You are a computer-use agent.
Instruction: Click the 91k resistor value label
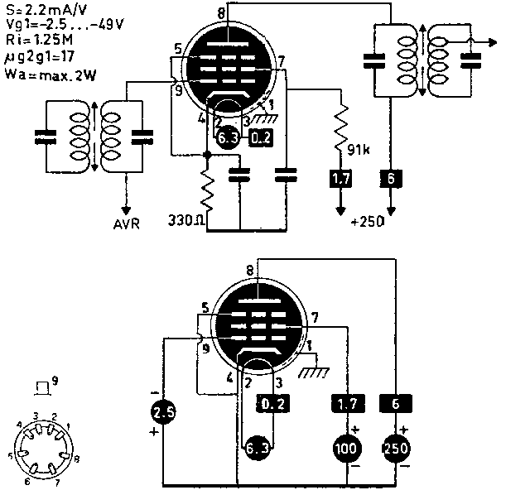pos(360,150)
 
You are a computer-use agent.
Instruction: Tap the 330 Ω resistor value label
pos(185,222)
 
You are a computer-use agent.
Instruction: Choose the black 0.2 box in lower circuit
pos(272,405)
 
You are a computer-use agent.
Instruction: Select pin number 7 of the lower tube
pos(314,318)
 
